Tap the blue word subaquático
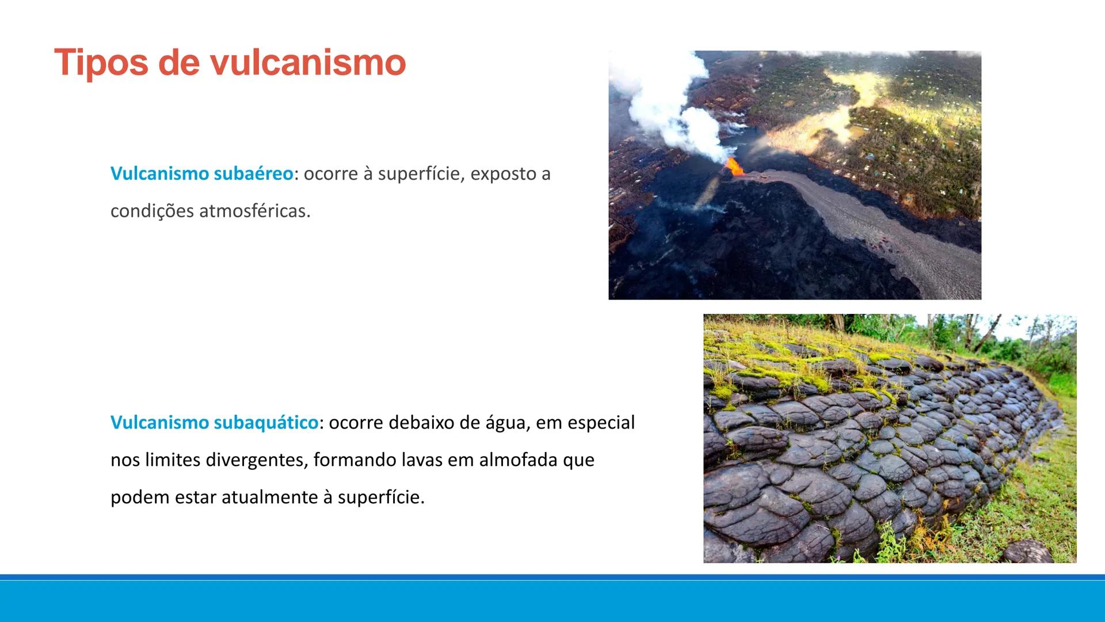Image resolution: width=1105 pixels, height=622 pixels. pos(266,423)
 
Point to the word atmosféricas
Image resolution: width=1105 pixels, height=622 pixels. pos(254,211)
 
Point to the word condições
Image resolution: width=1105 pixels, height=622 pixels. pos(152,211)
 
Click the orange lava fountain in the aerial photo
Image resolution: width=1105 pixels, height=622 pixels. pos(733,166)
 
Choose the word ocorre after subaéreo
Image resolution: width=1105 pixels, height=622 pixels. pos(330,174)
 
